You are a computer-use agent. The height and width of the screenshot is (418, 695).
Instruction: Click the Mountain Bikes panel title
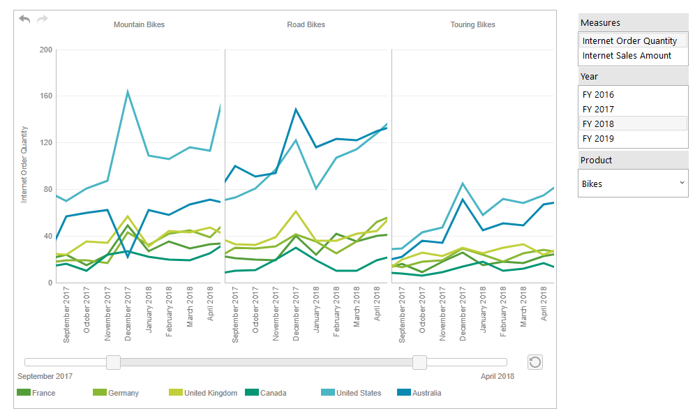(139, 24)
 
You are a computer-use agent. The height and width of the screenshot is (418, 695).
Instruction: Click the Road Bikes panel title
(306, 24)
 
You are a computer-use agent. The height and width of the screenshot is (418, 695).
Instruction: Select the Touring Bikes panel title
(472, 24)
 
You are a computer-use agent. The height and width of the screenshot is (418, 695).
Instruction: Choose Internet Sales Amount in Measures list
(627, 56)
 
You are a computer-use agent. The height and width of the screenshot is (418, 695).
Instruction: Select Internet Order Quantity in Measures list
(629, 41)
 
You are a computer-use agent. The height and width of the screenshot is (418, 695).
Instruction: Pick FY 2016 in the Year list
(598, 95)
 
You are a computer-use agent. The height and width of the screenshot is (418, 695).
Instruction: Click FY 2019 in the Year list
(598, 139)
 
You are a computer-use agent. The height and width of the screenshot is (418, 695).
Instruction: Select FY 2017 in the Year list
(598, 110)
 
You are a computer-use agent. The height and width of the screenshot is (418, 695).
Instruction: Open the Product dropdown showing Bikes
(632, 184)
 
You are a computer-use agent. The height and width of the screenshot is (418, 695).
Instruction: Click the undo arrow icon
(24, 19)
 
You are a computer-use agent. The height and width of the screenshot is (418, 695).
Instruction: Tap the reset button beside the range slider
(535, 361)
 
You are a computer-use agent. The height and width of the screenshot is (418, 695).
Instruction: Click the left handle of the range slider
(113, 362)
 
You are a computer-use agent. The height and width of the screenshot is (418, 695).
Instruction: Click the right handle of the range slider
(419, 362)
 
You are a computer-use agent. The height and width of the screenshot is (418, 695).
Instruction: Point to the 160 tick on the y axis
(46, 96)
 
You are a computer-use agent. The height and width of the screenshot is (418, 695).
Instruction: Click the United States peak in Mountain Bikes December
(128, 91)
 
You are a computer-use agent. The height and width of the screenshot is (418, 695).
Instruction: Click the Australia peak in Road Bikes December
(296, 109)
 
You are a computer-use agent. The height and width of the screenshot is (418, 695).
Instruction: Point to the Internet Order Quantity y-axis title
(24, 164)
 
